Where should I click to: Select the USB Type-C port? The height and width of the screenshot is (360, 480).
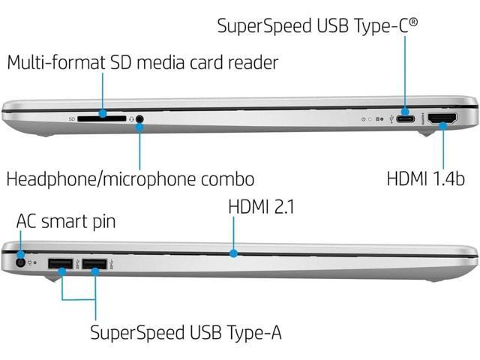(406, 118)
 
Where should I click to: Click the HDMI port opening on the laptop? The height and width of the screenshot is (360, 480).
(443, 118)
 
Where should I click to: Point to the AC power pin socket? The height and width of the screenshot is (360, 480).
(19, 263)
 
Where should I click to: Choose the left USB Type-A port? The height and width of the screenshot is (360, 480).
(60, 264)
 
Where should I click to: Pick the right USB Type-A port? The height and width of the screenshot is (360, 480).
(95, 264)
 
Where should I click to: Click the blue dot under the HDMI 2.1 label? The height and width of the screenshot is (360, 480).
(235, 254)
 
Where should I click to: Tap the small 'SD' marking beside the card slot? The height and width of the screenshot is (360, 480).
(71, 118)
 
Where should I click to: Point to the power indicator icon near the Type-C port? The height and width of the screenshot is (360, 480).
(364, 118)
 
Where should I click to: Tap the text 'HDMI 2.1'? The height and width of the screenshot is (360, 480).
(261, 205)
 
